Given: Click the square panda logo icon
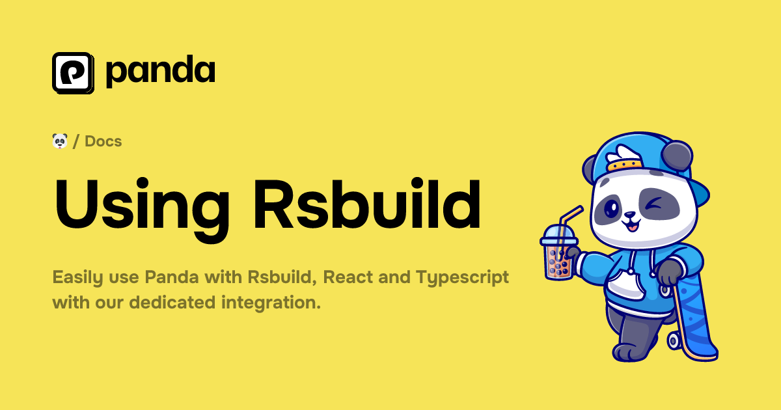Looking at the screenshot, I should coord(73,72).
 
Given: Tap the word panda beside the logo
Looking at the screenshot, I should coord(160,72).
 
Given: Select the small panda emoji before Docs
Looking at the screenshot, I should coord(60,141).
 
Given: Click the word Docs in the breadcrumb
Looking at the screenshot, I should coord(103,141).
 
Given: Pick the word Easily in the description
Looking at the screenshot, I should coord(76,278).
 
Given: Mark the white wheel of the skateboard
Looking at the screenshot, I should coord(674,340).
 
